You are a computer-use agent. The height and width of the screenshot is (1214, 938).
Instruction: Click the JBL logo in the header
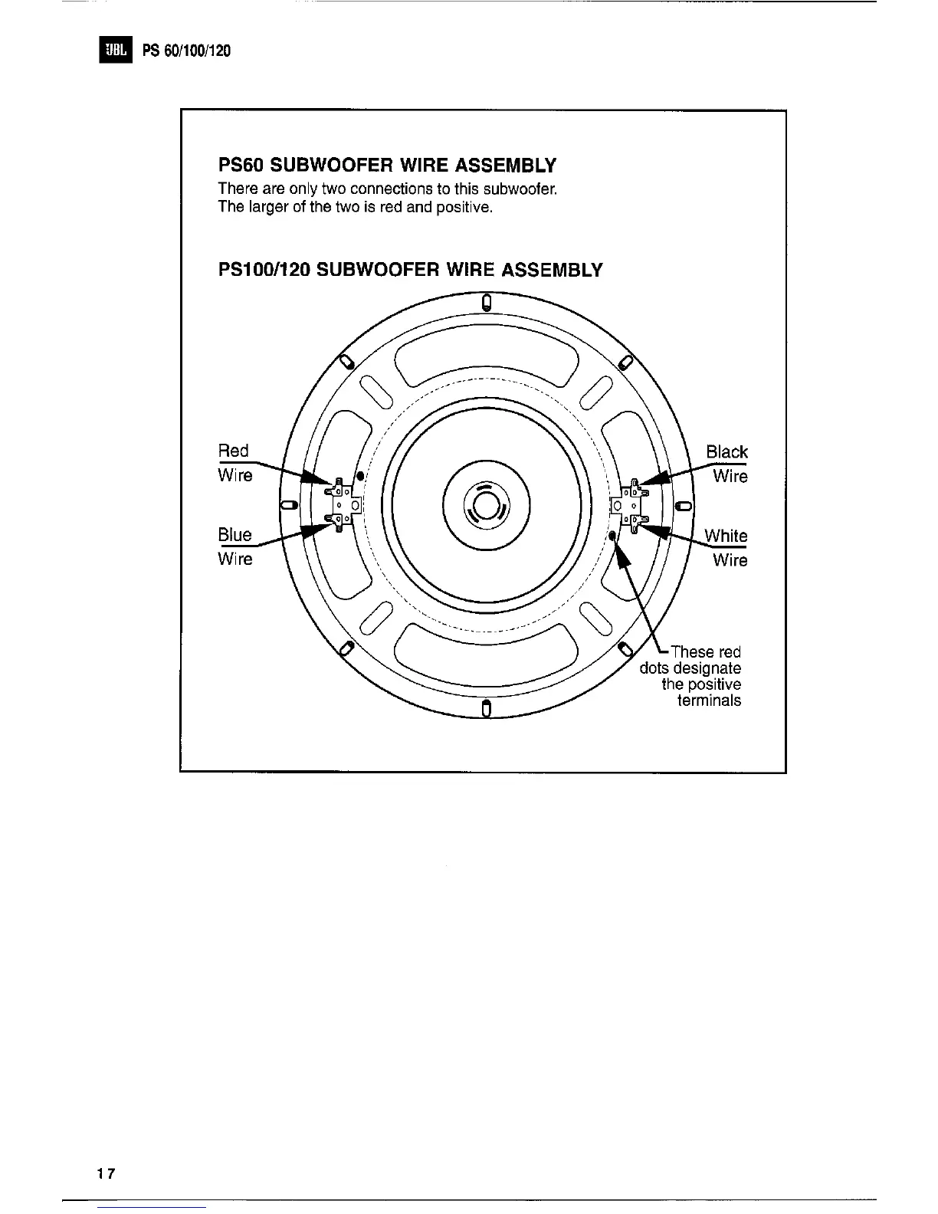click(x=115, y=51)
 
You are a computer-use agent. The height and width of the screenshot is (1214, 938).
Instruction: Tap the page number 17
click(x=106, y=1173)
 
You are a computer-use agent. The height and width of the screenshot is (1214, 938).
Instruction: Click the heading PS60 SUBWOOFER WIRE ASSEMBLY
click(x=387, y=166)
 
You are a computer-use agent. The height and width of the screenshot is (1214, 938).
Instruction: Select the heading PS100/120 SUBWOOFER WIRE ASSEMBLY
click(x=410, y=270)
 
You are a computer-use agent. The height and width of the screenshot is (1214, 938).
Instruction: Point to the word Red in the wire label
click(x=234, y=451)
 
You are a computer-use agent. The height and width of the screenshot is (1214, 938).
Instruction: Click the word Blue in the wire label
click(x=235, y=534)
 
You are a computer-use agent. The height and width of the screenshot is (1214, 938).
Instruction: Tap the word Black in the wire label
click(x=726, y=451)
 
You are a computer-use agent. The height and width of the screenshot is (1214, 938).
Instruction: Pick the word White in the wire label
click(x=726, y=535)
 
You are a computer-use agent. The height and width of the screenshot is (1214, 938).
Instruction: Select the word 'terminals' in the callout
click(x=709, y=701)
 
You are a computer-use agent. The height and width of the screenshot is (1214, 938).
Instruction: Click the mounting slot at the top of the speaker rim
click(x=486, y=303)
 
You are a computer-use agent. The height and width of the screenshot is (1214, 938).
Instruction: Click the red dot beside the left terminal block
click(x=359, y=476)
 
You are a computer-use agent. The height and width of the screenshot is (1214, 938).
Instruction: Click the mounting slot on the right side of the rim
click(x=683, y=506)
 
